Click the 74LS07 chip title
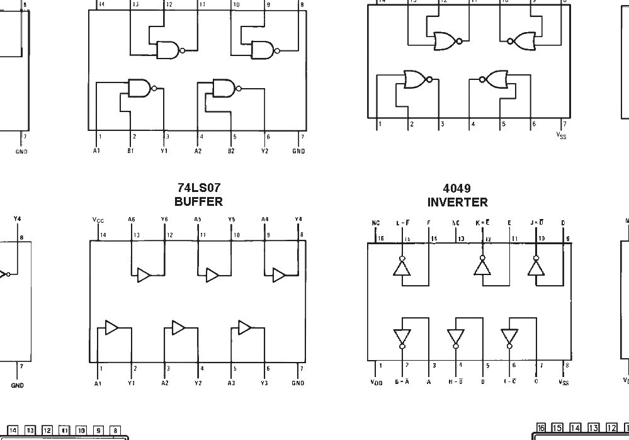click(199, 188)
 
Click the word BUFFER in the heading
click(199, 201)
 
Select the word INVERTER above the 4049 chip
click(457, 202)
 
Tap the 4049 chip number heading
click(457, 188)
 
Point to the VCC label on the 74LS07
click(98, 220)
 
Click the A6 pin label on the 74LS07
click(132, 220)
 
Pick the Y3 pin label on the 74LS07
click(265, 383)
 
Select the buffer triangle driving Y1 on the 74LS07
click(111, 327)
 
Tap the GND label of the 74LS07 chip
click(298, 383)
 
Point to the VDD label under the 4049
click(376, 381)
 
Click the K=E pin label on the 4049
click(482, 223)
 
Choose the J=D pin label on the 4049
click(536, 223)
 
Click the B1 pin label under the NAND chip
click(131, 151)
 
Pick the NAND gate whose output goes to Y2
click(224, 88)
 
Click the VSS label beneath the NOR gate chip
click(562, 135)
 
